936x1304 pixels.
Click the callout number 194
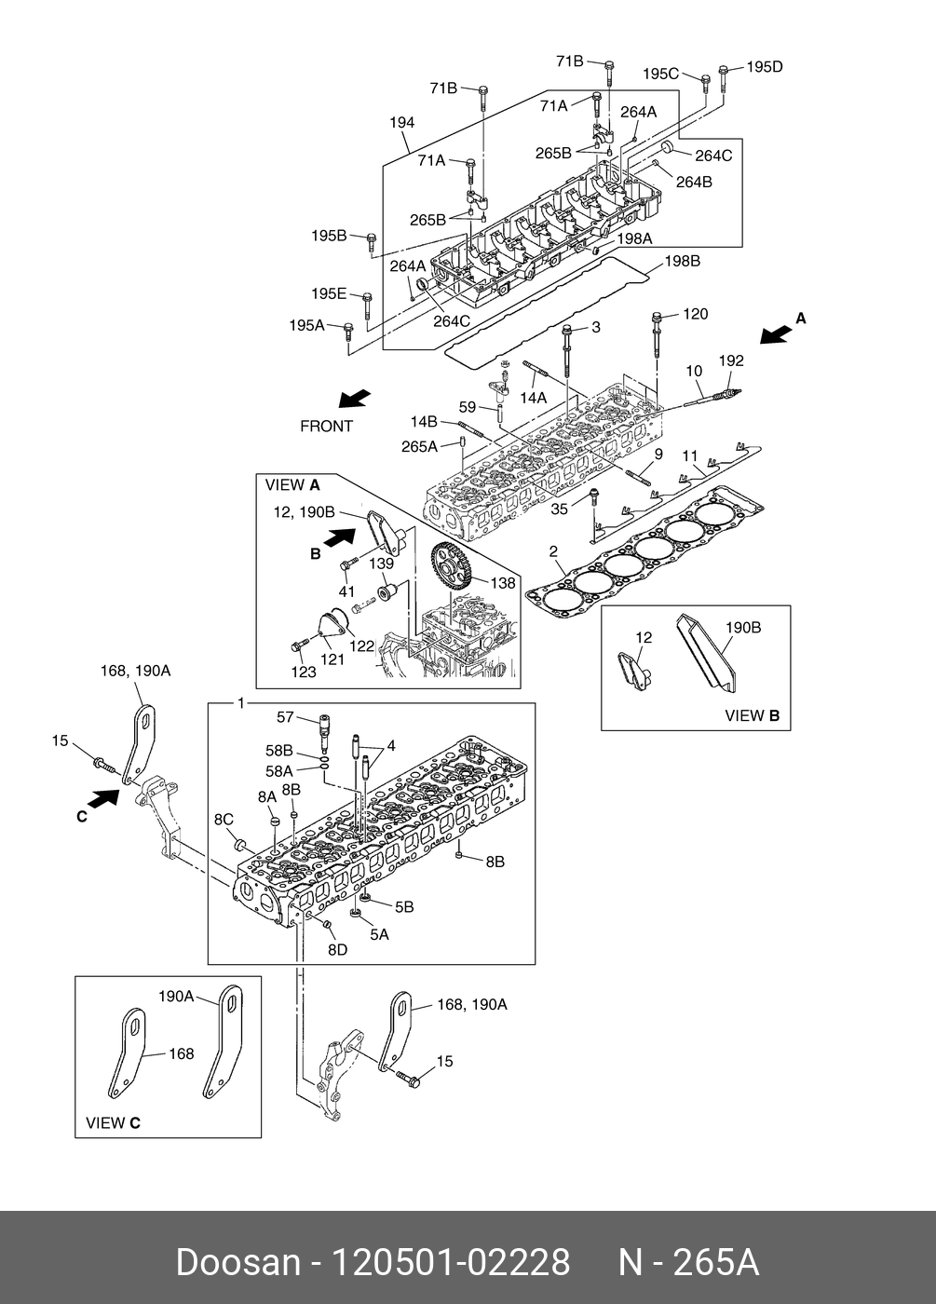pyautogui.click(x=402, y=123)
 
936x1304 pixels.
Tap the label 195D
pyautogui.click(x=765, y=66)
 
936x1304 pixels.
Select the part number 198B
pyautogui.click(x=682, y=262)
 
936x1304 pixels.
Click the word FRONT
pyautogui.click(x=326, y=427)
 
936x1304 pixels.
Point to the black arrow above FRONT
pyautogui.click(x=354, y=398)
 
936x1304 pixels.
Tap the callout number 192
pyautogui.click(x=731, y=360)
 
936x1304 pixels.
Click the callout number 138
pyautogui.click(x=502, y=583)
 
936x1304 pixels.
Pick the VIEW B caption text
pyautogui.click(x=752, y=716)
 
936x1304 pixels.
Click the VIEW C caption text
pyautogui.click(x=113, y=1122)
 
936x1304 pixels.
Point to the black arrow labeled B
pyautogui.click(x=335, y=538)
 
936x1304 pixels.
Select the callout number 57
pyautogui.click(x=285, y=716)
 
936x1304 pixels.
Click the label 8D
pyautogui.click(x=337, y=949)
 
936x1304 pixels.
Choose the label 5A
pyautogui.click(x=379, y=934)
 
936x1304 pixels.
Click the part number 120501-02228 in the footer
pyautogui.click(x=451, y=1263)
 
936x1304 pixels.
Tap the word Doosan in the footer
pyautogui.click(x=238, y=1263)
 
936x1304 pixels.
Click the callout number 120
pyautogui.click(x=696, y=314)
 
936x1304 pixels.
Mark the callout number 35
pyautogui.click(x=559, y=509)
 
